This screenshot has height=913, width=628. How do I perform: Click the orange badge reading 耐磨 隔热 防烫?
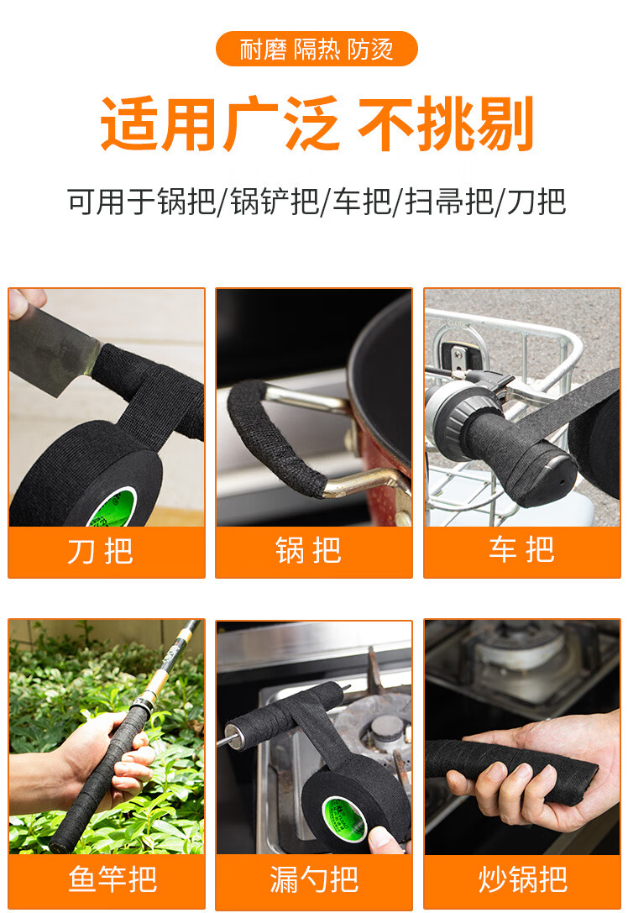[317, 49]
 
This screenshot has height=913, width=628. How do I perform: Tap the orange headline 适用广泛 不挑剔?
[317, 124]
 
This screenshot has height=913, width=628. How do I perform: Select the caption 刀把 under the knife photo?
[100, 551]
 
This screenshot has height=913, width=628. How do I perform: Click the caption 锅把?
[308, 550]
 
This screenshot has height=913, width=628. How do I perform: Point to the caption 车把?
[521, 549]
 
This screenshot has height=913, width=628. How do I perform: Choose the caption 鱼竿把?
[113, 879]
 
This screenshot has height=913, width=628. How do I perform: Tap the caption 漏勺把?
[314, 879]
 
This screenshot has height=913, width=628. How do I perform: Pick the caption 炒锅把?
[523, 879]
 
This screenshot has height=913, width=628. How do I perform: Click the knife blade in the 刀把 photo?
[52, 349]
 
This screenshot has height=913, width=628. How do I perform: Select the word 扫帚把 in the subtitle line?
[448, 202]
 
